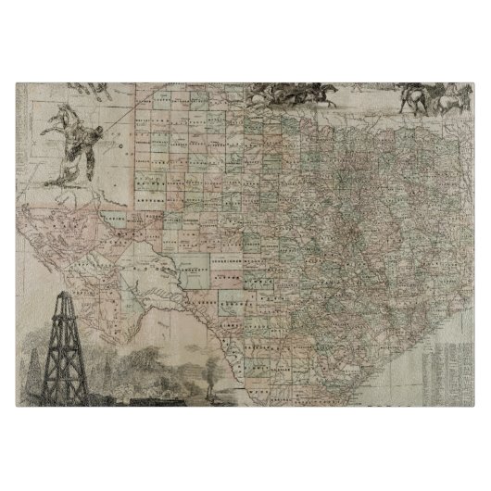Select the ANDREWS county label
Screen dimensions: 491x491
[152, 198]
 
